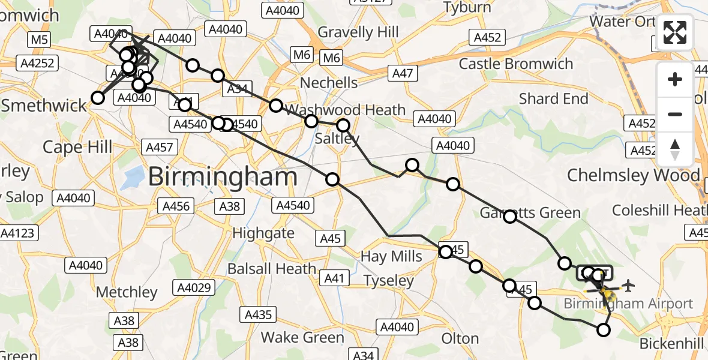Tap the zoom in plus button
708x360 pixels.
675,79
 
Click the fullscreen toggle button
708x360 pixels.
675,32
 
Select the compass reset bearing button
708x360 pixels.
675,149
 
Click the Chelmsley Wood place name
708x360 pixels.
634,176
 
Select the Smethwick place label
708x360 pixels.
44,106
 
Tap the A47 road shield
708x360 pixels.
403,74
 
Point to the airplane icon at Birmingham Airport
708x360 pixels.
628,284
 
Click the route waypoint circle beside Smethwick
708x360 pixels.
97,98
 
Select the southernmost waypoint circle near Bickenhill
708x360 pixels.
604,329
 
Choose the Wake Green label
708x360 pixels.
302,337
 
